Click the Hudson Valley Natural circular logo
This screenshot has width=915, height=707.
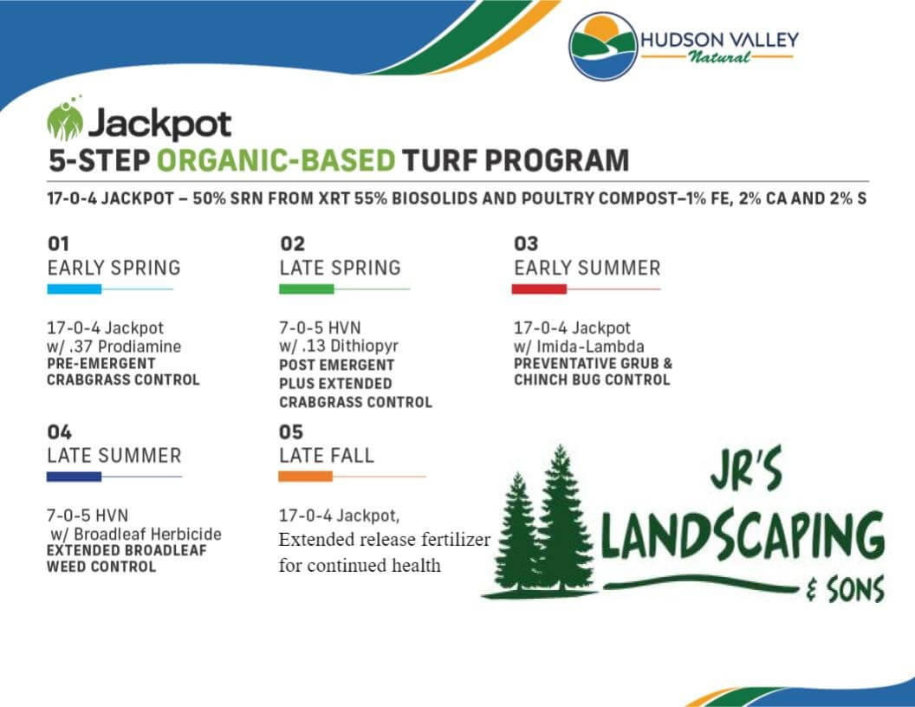(603, 45)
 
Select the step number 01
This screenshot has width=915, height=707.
(58, 244)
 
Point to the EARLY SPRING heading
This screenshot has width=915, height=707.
(114, 268)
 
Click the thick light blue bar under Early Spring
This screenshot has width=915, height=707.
(74, 289)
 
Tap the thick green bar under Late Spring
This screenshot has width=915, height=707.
(306, 289)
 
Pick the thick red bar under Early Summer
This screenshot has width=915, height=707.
(538, 289)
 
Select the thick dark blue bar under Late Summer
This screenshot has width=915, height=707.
(74, 477)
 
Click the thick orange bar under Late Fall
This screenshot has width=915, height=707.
(305, 477)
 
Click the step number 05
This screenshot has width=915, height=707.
(291, 431)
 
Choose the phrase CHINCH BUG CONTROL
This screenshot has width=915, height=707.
(592, 379)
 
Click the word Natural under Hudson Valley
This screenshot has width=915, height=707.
(718, 57)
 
